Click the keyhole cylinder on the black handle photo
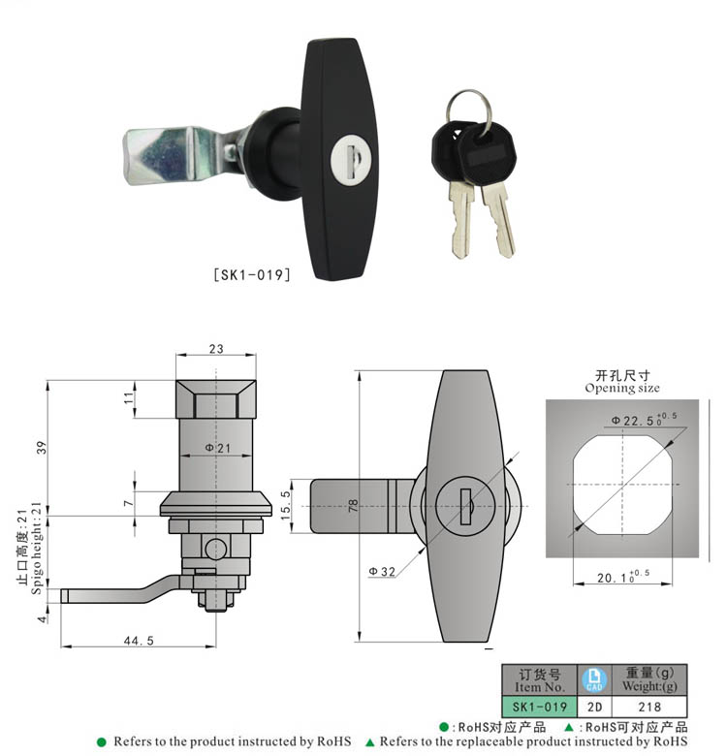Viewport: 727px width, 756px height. pyautogui.click(x=346, y=160)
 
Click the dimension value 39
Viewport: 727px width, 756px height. pyautogui.click(x=40, y=447)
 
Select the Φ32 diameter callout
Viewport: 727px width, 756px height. pyautogui.click(x=381, y=572)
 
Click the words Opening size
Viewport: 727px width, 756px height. pyautogui.click(x=622, y=388)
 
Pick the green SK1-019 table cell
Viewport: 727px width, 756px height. pyautogui.click(x=539, y=708)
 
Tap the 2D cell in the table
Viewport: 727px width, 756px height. pyautogui.click(x=592, y=708)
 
